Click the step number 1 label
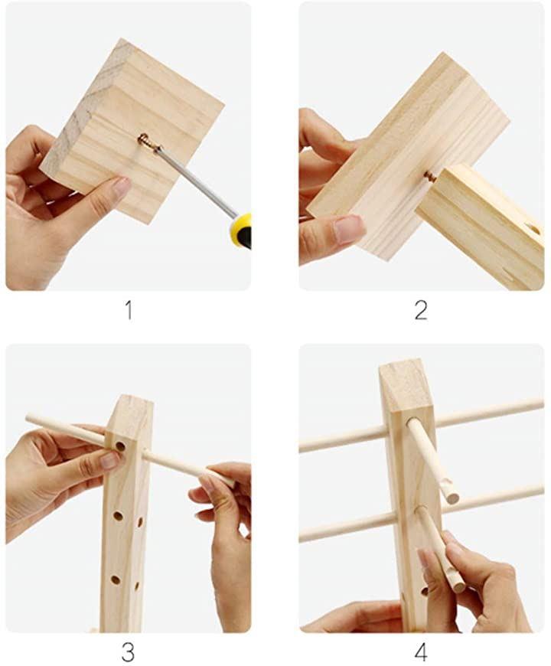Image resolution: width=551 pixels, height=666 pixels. pyautogui.click(x=129, y=311)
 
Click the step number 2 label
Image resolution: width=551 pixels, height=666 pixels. pyautogui.click(x=421, y=311)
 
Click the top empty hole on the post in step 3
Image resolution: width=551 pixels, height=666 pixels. pyautogui.click(x=121, y=446)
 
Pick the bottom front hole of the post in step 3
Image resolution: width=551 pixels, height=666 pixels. pyautogui.click(x=116, y=579)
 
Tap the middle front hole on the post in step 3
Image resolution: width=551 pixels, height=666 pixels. pyautogui.click(x=118, y=516)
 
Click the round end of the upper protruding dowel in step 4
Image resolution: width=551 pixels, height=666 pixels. pyautogui.click(x=452, y=498)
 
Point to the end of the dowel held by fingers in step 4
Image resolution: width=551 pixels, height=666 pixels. pyautogui.click(x=458, y=586)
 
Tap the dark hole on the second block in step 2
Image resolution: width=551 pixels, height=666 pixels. pyautogui.click(x=535, y=230)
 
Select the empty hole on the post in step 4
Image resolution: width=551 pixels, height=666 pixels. pyautogui.click(x=424, y=592)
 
